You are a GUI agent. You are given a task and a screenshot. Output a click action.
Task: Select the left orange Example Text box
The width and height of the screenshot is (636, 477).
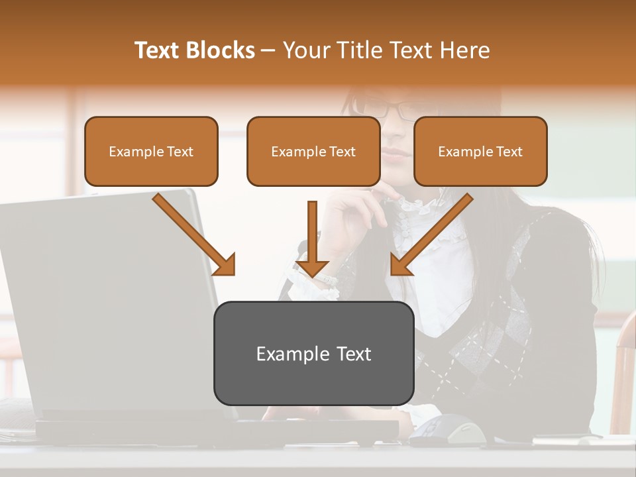tap(151, 152)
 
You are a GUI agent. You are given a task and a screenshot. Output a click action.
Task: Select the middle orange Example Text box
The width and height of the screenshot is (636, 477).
tap(313, 152)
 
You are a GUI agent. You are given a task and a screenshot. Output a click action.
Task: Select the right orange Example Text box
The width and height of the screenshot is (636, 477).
tap(480, 152)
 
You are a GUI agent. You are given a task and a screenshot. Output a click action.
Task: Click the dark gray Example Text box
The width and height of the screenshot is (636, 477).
tap(313, 354)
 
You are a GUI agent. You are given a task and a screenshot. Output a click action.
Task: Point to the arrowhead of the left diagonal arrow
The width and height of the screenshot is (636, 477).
tap(225, 265)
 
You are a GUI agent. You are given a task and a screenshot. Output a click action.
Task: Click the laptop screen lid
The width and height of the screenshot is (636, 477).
tap(106, 298)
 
